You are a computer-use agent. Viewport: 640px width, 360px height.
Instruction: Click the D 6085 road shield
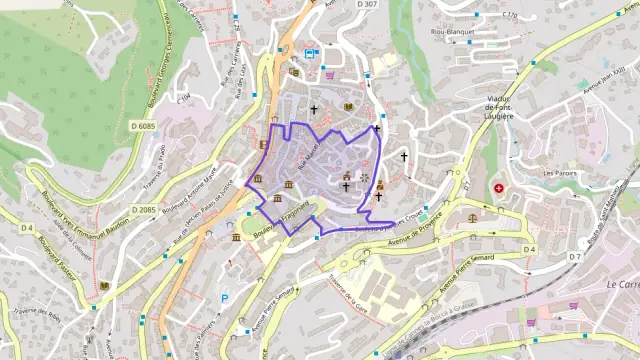[x=143, y=126]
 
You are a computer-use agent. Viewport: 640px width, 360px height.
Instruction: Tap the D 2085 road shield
[x=143, y=210]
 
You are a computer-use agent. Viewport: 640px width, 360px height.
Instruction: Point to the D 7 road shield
[x=575, y=257]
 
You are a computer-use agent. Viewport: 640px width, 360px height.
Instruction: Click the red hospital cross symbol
[x=499, y=188]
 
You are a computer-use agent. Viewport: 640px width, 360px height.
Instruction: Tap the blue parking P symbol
[x=225, y=297]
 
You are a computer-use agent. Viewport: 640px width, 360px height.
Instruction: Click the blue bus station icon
[x=312, y=54]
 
